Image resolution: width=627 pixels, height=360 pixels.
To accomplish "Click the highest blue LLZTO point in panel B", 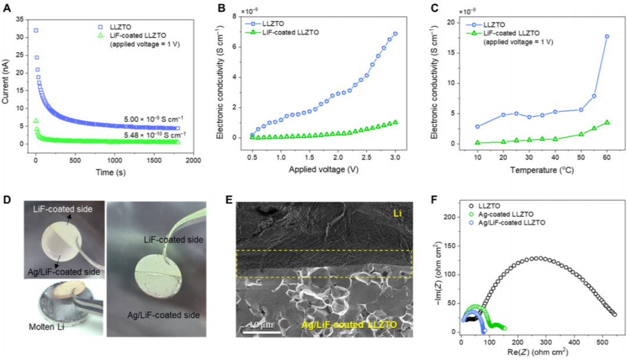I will pos(395,34).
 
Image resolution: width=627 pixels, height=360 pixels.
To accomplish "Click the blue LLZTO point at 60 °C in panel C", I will pos(607,37).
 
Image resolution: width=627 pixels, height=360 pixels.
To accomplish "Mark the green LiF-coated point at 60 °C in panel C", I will pos(607,123).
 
